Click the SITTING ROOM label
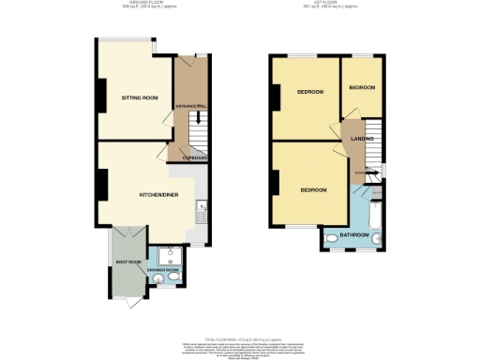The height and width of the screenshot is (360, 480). click(138, 97)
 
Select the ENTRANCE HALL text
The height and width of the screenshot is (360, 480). click(190, 107)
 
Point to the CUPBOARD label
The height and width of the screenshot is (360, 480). click(194, 157)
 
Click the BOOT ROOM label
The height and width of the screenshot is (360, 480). click(127, 262)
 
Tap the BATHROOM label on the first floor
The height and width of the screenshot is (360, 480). click(353, 234)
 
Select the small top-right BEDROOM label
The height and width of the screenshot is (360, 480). click(362, 87)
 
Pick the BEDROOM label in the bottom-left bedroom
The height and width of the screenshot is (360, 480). click(313, 190)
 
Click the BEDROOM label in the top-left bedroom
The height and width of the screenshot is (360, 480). click(310, 92)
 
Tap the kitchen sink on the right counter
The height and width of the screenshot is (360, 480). click(202, 217)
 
